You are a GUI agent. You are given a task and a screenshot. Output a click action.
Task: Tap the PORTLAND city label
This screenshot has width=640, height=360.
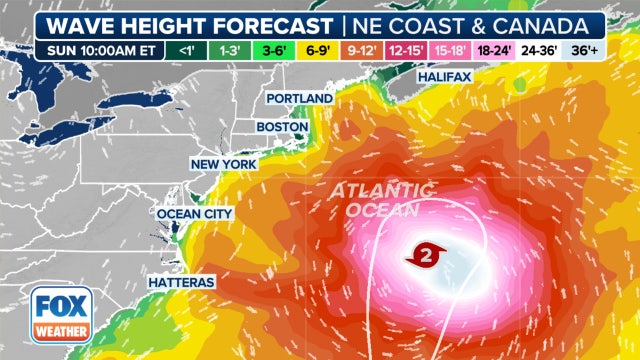(x=299, y=98)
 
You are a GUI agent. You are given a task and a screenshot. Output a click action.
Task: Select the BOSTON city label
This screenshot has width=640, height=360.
(x=282, y=127)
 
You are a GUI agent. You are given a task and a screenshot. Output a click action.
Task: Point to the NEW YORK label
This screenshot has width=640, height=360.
(x=224, y=163)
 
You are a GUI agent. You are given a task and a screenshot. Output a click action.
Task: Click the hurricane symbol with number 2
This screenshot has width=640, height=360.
(x=423, y=256)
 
